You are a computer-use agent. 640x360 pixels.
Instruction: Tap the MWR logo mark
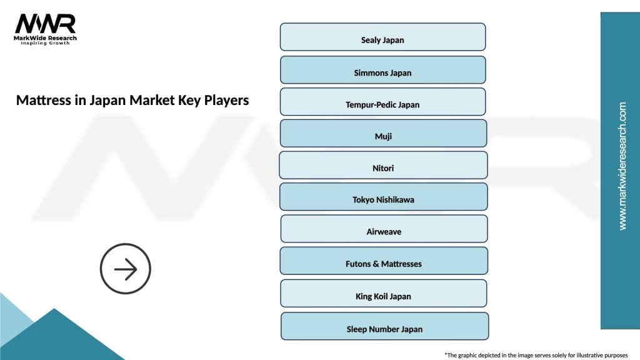pos(45,24)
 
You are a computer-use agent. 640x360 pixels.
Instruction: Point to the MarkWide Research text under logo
pos(46,38)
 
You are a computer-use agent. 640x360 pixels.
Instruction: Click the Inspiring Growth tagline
pos(46,44)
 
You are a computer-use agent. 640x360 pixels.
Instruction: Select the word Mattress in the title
pos(42,100)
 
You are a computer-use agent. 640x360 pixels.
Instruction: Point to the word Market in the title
pos(152,100)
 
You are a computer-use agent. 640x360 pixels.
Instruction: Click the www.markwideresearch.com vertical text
pos(622,166)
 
